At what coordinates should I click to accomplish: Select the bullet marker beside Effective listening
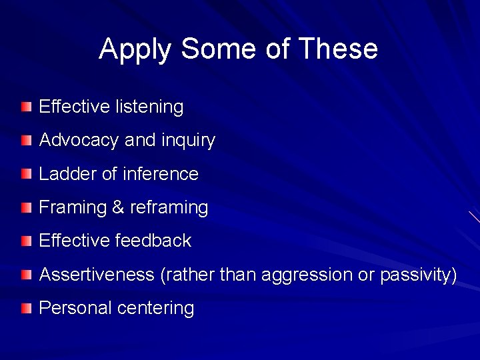tap(25, 107)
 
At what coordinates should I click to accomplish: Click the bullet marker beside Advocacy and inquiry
tap(25, 141)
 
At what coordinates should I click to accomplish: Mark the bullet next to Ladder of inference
tap(25, 174)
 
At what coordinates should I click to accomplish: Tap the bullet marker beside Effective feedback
tap(25, 241)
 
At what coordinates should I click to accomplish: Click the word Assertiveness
tap(97, 275)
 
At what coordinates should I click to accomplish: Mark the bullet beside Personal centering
tap(25, 308)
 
